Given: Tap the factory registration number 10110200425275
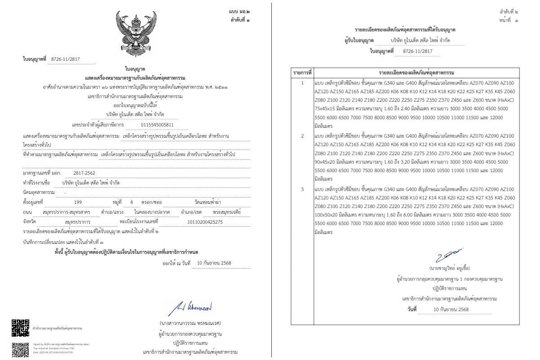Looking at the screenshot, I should coord(204,222).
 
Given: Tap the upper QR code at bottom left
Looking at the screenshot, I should coord(20,328).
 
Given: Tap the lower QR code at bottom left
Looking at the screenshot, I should coord(20,350).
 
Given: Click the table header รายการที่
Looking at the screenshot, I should coord(302,72).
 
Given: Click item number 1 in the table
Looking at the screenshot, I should coord(302,83).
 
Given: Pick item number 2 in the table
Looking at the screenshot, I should coord(302,136).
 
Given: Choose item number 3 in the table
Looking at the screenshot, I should coord(302,189).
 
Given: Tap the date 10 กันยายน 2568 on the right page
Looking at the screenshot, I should coord(451,310).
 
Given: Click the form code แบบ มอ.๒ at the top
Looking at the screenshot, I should coord(241,10).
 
